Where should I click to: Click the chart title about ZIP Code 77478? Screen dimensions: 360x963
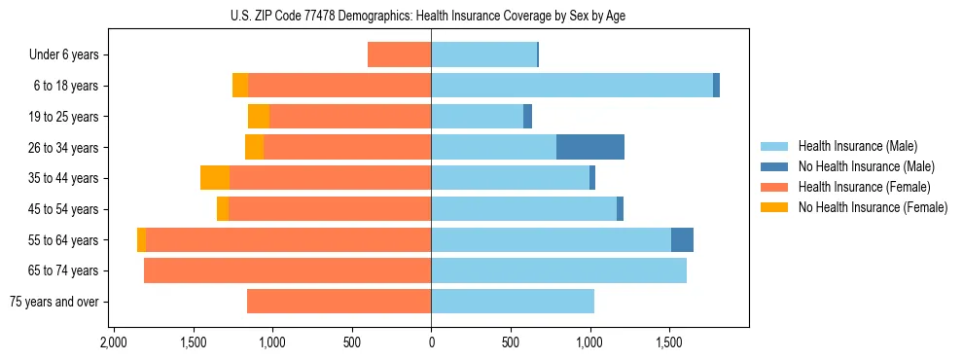pos(430,15)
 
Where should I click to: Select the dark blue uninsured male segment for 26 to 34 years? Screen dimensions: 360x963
pos(589,147)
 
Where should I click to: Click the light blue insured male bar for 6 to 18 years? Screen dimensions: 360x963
pos(572,86)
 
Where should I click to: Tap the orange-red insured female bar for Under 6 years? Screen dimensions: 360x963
pos(400,54)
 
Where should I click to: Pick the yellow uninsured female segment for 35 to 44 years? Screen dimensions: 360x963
pos(215,178)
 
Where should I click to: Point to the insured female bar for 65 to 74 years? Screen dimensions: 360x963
pos(287,270)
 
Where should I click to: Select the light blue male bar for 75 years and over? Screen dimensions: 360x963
pos(513,302)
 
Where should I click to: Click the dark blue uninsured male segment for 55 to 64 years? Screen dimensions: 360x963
pos(682,239)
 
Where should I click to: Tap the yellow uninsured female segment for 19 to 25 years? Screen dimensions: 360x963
pos(259,117)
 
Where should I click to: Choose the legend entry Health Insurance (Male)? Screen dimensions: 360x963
pos(852,147)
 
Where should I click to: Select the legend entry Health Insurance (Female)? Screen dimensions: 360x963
pos(857,187)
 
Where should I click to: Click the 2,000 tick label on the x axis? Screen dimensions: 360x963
pos(113,343)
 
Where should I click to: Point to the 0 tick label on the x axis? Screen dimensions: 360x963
pos(431,343)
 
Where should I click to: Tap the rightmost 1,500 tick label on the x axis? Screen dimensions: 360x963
pos(669,343)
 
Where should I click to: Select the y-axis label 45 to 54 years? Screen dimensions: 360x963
pos(63,209)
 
